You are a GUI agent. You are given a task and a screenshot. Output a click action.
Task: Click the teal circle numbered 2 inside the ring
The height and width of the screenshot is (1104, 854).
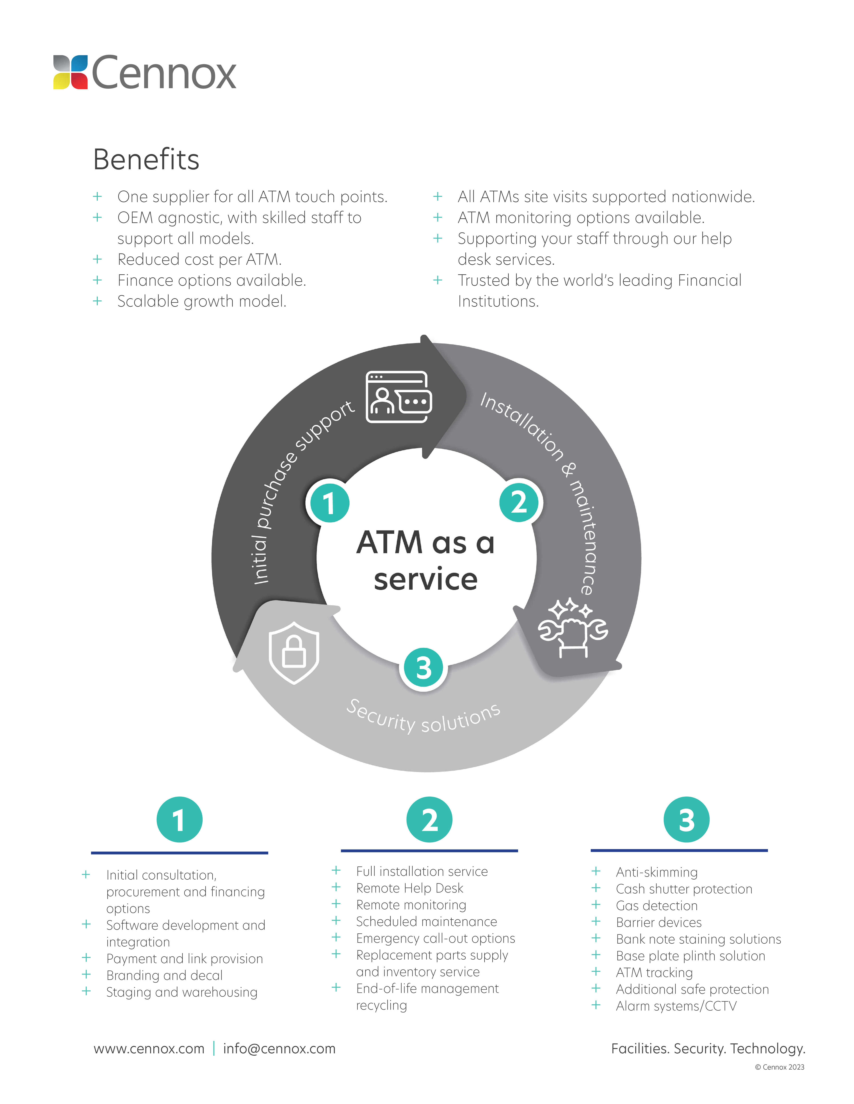520,502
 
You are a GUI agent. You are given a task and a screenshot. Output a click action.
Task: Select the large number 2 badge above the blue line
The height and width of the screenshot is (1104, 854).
429,819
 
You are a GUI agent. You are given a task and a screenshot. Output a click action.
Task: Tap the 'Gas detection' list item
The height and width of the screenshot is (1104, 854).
656,905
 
